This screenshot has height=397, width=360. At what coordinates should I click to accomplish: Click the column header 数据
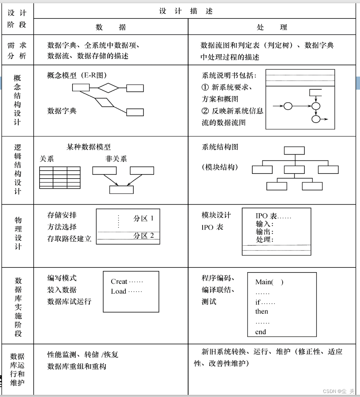111,27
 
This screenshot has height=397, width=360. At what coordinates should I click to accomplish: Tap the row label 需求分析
17,50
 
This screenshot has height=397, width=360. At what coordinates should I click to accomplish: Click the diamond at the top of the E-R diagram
108,88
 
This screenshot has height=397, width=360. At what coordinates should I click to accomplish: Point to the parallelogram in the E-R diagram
104,102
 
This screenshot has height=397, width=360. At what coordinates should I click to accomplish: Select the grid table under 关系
60,177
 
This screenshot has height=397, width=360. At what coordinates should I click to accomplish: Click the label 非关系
116,159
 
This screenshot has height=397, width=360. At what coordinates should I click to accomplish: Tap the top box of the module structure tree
294,151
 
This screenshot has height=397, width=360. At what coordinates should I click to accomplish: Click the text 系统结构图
220,147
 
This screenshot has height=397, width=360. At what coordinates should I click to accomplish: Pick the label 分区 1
144,218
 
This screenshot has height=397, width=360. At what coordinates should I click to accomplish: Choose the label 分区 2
144,236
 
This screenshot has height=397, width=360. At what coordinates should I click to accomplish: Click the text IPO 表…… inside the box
273,216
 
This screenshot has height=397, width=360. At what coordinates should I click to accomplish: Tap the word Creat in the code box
119,282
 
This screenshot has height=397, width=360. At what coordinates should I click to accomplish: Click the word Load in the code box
119,291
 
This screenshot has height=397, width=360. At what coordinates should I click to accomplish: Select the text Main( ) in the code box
269,282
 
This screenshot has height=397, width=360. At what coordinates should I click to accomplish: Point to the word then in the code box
262,312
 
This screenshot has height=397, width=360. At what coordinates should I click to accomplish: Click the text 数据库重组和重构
76,367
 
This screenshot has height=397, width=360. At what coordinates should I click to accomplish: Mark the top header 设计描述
186,11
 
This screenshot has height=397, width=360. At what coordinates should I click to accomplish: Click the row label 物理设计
18,233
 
